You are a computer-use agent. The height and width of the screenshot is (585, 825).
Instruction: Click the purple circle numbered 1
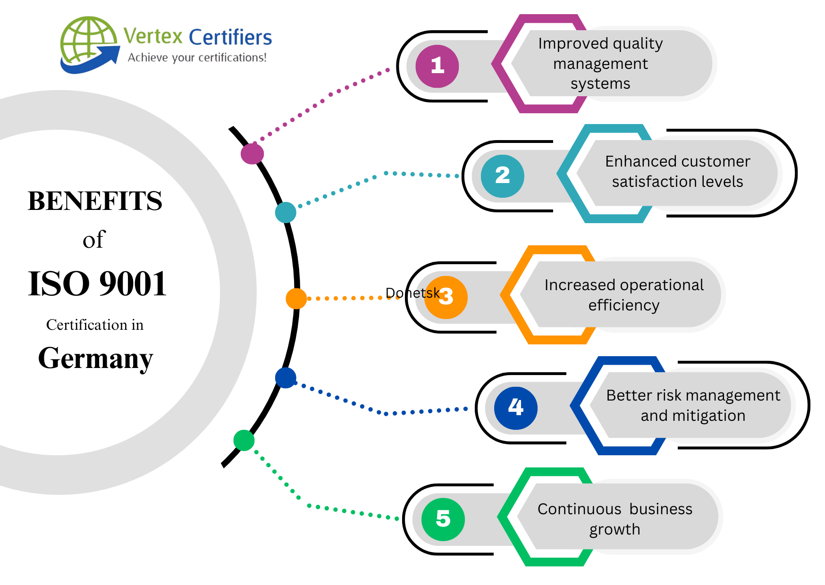pos(437,66)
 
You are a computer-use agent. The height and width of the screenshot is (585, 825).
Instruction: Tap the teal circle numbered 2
pos(502,176)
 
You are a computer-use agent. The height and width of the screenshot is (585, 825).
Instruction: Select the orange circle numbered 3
pos(446,297)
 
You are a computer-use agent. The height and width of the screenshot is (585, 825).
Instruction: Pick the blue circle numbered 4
pos(515,408)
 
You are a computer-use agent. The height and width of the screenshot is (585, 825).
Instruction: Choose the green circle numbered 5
pos(443,519)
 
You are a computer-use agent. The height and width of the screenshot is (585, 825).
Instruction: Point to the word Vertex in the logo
pos(153,36)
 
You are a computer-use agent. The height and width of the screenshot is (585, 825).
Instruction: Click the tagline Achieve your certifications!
pos(197,58)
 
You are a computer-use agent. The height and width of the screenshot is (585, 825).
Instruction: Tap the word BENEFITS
pos(95,201)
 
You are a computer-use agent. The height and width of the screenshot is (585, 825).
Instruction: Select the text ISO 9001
pos(97,284)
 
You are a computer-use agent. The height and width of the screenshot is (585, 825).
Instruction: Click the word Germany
pos(95,359)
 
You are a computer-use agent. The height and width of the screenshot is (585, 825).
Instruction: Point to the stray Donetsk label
pos(412,293)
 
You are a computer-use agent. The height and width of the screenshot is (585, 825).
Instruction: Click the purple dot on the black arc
pos(252,154)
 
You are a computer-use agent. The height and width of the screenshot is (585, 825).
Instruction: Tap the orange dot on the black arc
pos(296,299)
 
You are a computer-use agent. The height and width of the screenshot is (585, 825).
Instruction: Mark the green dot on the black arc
pos(244,440)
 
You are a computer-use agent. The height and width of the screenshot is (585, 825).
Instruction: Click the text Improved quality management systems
pos(600,63)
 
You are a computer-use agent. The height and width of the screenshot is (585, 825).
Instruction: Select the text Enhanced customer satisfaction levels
pos(677,171)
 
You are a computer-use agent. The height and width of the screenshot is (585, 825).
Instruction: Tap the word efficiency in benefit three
pos(623,305)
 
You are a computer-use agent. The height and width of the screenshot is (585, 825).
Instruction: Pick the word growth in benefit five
pos(615,529)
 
